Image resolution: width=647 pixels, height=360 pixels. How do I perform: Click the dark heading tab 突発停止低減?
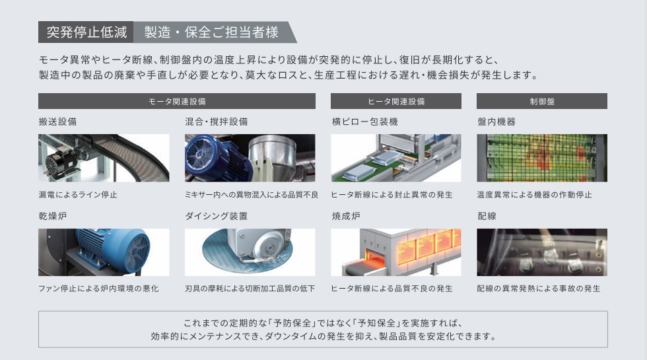pos(86,32)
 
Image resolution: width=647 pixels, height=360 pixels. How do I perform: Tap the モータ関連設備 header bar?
pos(177,101)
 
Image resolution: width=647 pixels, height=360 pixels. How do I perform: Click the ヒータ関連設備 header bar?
pos(396,101)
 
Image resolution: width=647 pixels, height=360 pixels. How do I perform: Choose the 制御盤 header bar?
pos(542,101)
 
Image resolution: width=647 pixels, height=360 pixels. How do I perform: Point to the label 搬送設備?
pos(58,122)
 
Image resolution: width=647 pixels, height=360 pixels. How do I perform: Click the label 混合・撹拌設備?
pos(217,122)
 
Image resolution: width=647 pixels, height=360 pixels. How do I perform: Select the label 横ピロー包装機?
pos(364,122)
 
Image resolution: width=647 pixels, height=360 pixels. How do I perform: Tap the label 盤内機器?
pos(496,122)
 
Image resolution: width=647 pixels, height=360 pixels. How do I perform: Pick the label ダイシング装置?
pos(217,216)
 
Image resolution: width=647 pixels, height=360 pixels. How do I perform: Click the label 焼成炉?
pos(346,216)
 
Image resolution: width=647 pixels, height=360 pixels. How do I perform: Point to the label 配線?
pos(487,216)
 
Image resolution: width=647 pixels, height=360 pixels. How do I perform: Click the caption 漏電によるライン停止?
pos(78,194)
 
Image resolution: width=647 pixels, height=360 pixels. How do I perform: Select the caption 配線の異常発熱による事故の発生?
pos(539,289)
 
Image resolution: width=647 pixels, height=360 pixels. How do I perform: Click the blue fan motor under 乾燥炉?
pos(114,250)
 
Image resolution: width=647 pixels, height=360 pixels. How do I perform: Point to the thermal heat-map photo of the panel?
pos(542,158)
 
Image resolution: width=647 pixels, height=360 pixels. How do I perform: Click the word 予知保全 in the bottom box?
pos(376,323)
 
